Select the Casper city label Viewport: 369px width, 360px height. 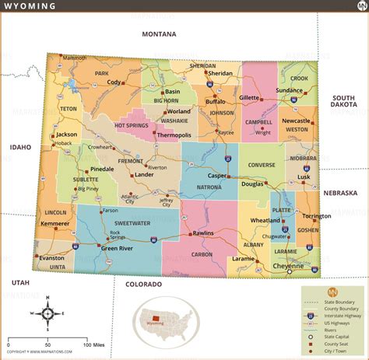coord(216,176)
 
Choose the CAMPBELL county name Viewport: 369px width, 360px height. coord(258,122)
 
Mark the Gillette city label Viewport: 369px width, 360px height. coord(249,98)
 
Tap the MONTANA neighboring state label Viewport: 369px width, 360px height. coord(159,34)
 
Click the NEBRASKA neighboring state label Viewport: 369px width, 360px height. coord(340,192)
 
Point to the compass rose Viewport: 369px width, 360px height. coord(47,313)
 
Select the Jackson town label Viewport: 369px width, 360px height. coord(67,134)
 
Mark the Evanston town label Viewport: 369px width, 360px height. coord(51,257)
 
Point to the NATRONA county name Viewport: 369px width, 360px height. coord(209,187)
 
